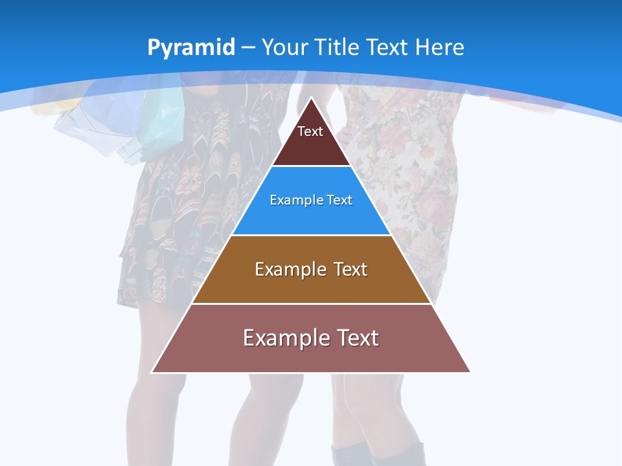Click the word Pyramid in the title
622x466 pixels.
click(x=190, y=48)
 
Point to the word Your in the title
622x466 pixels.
click(x=285, y=47)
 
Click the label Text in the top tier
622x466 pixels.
click(x=310, y=131)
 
